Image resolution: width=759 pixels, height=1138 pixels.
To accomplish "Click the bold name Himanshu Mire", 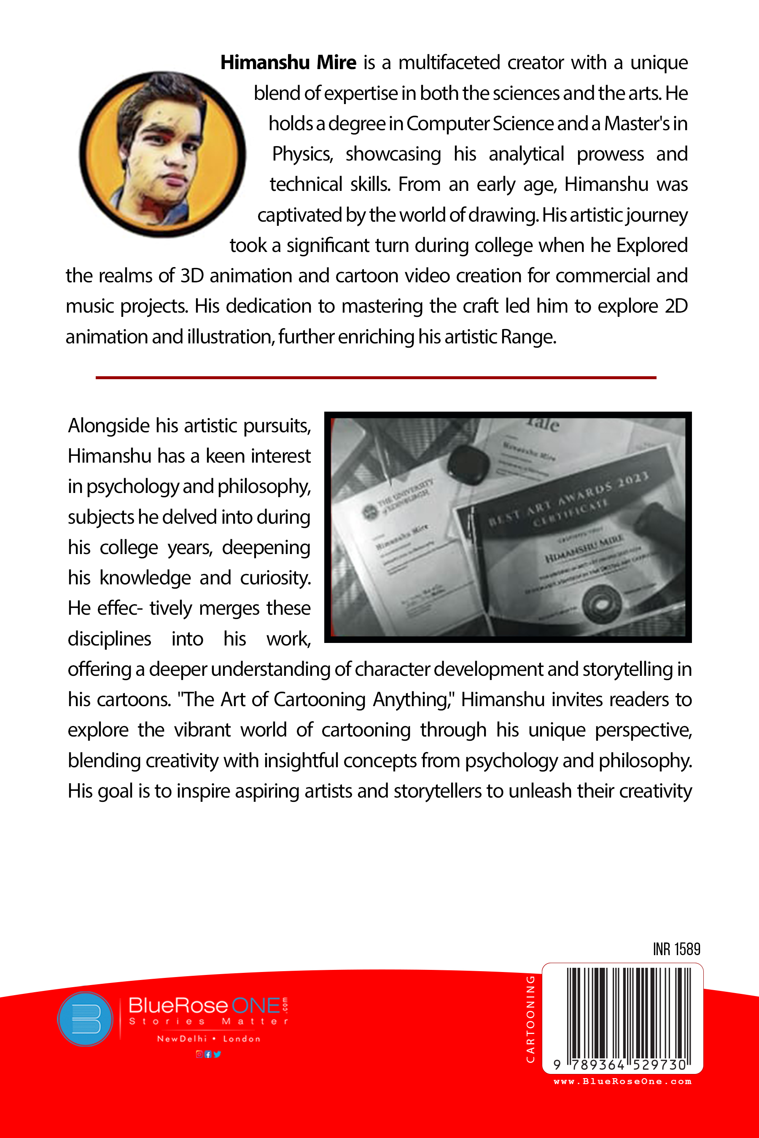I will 288,63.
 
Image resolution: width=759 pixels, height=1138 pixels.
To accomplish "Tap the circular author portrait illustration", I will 162,154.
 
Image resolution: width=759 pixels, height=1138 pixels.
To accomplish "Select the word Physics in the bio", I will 302,154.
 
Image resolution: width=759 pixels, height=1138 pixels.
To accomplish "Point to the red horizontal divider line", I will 376,377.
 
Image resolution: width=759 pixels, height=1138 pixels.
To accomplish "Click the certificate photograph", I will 508,527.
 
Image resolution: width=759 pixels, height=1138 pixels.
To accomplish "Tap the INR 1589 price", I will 676,949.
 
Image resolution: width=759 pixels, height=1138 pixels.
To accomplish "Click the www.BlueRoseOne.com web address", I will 622,1082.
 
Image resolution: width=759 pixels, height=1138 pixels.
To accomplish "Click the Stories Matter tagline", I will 208,1021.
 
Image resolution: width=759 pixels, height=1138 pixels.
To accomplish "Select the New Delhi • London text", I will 209,1039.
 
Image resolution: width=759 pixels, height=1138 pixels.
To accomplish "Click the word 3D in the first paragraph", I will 192,276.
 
